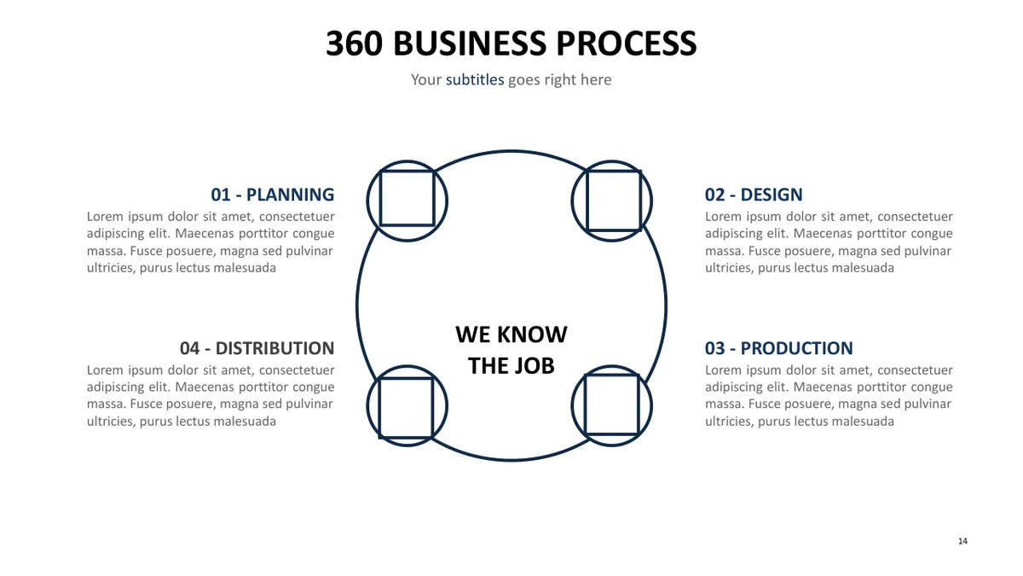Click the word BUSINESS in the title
click(470, 44)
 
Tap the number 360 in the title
click(354, 44)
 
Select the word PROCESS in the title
click(626, 44)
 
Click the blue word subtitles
click(475, 79)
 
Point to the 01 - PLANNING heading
click(272, 195)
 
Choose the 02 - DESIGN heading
click(754, 195)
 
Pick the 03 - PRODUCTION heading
click(778, 348)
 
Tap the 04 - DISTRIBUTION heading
click(257, 348)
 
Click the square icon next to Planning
click(380, 199)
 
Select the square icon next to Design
click(587, 201)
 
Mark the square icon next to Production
click(585, 404)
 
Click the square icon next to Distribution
click(379, 408)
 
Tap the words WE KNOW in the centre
click(511, 335)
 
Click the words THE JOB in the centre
click(511, 366)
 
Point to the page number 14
click(962, 541)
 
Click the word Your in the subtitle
click(426, 79)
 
